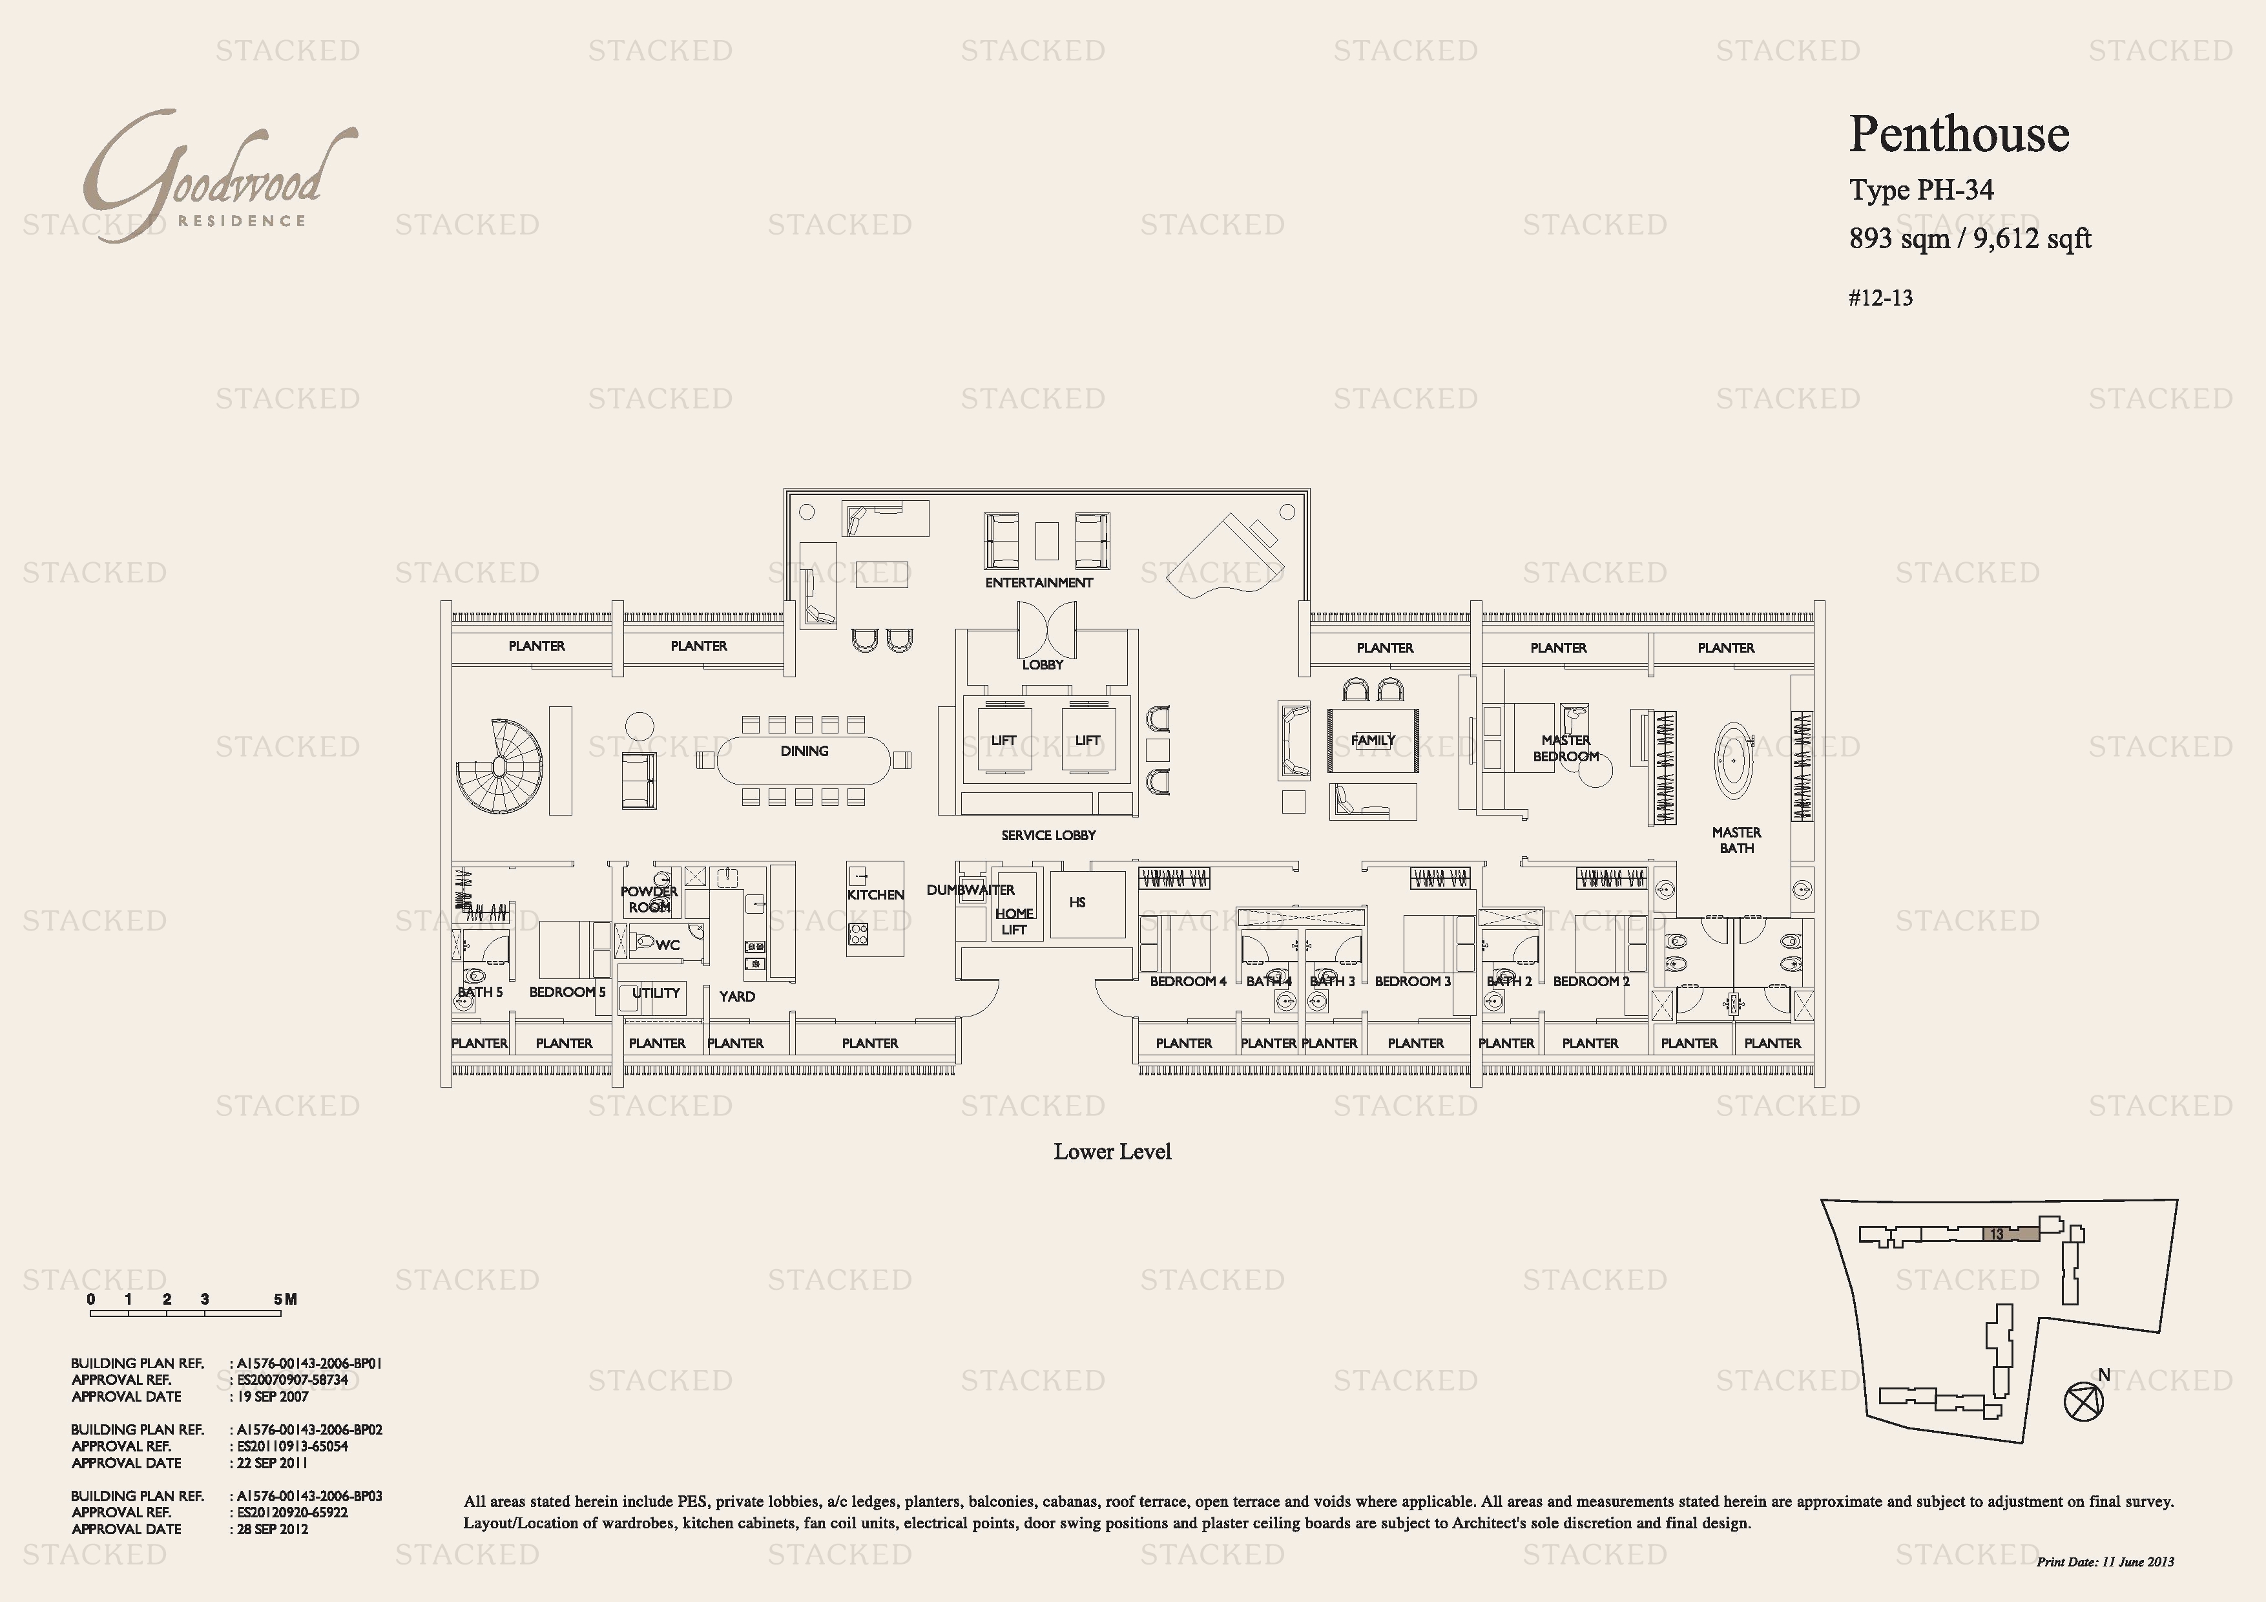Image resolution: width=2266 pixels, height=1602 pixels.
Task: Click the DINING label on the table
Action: pyautogui.click(x=804, y=751)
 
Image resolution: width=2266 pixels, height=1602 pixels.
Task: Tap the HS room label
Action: pyautogui.click(x=1077, y=902)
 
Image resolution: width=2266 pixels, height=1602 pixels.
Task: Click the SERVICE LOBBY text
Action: pyautogui.click(x=1048, y=835)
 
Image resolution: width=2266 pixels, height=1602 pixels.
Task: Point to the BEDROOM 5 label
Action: pyautogui.click(x=568, y=992)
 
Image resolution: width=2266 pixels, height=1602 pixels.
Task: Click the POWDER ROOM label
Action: pyautogui.click(x=649, y=899)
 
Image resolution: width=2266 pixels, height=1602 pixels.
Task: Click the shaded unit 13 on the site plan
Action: pyautogui.click(x=2010, y=1234)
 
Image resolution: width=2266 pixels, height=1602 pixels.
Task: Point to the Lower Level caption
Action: pyautogui.click(x=1112, y=1151)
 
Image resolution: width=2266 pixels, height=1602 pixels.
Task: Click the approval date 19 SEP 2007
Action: pyautogui.click(x=273, y=1396)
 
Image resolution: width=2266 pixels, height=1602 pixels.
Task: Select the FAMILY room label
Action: pyautogui.click(x=1373, y=741)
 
